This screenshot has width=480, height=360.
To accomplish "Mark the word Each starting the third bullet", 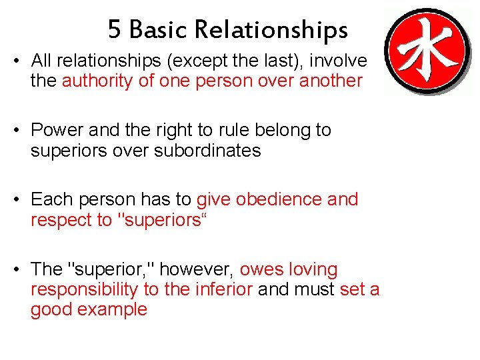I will click(x=51, y=199).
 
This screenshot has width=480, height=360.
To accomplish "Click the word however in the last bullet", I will click(x=197, y=269).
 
